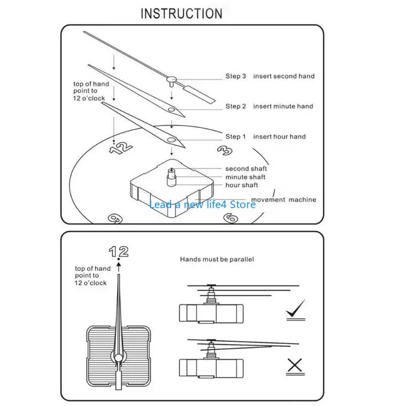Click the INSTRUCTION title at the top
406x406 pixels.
click(x=182, y=14)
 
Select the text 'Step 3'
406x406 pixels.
click(x=235, y=76)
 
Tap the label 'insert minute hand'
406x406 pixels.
click(x=283, y=106)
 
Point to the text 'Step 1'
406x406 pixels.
click(x=235, y=137)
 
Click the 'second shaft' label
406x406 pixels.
click(x=246, y=168)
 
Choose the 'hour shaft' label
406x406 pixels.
click(x=242, y=185)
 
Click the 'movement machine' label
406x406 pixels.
click(x=284, y=199)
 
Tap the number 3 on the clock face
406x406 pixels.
click(x=225, y=150)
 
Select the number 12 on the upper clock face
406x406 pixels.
click(x=121, y=148)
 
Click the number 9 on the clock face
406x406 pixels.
click(x=115, y=218)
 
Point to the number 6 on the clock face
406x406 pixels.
click(x=231, y=218)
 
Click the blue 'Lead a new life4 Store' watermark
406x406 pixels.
click(x=202, y=205)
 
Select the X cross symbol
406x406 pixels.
click(x=295, y=365)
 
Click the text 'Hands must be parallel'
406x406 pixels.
click(x=217, y=259)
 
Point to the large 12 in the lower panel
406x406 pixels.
click(x=119, y=251)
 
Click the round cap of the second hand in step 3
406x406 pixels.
click(x=172, y=79)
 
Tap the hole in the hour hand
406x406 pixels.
click(x=172, y=140)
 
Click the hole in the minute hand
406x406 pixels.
click(x=171, y=110)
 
